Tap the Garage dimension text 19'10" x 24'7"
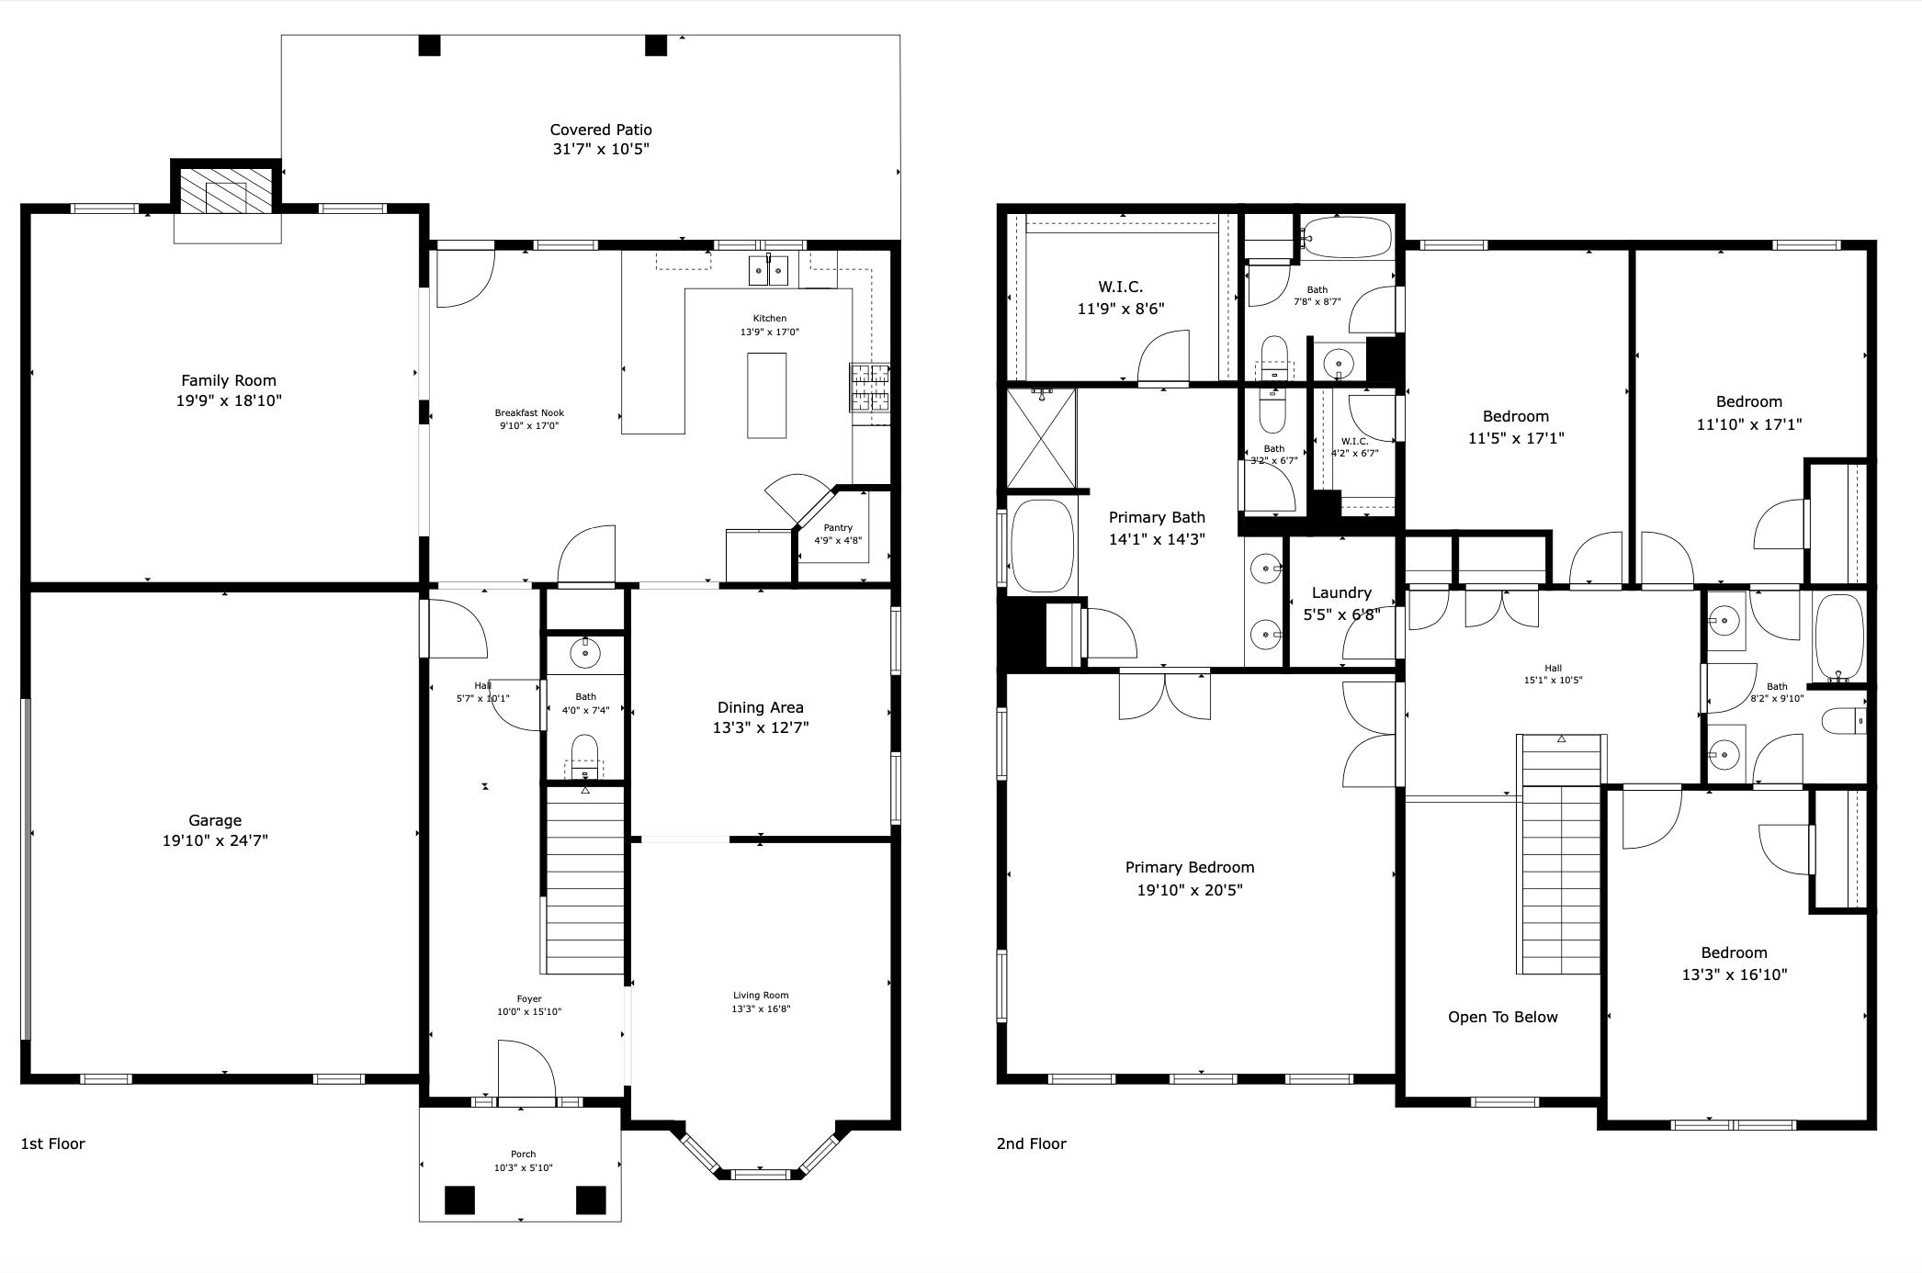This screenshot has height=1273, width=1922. pos(215,840)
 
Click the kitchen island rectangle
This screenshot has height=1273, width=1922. pos(766,396)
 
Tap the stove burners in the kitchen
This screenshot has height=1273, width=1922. pos(870,387)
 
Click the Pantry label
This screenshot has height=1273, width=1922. pos(838,527)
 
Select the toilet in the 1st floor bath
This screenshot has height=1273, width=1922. pos(585,756)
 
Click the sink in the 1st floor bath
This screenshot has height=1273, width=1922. pos(585,653)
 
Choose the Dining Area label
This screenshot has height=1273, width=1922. pos(760,707)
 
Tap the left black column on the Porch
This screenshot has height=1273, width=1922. pos(459,1200)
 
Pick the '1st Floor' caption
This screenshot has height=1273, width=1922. pos(52,1143)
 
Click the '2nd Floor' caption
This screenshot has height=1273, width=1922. pos(1031,1143)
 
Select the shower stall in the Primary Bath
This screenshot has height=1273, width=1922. pos(1041,438)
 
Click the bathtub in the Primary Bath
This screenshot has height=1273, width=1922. pos(1042,546)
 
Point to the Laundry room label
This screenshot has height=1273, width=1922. pos(1341,592)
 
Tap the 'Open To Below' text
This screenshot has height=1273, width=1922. pos(1502,1017)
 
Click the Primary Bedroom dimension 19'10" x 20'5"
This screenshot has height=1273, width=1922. pos(1189,889)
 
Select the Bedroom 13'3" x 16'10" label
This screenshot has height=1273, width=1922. pos(1734,974)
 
